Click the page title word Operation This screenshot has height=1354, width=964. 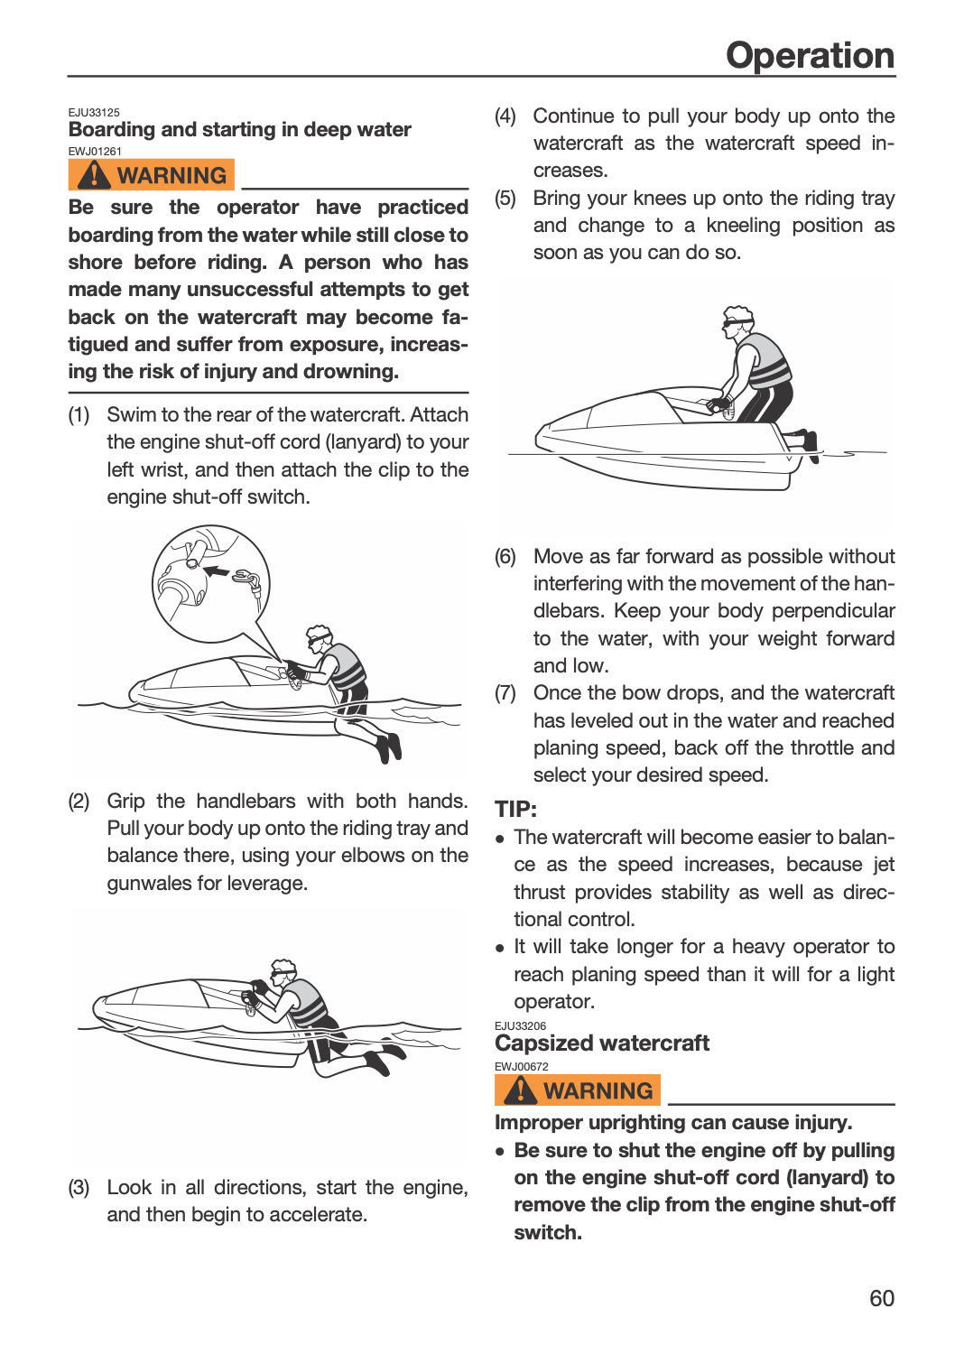tap(810, 56)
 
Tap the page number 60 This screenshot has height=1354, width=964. tap(882, 1298)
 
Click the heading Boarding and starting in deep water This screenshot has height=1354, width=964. tap(239, 129)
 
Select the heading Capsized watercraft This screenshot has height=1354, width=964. tap(602, 1043)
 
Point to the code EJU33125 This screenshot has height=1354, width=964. tap(94, 113)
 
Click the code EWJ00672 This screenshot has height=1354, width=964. tap(521, 1067)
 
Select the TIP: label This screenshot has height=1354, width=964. tap(515, 809)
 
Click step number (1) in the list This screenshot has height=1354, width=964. tap(79, 414)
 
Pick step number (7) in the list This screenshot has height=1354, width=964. tap(505, 692)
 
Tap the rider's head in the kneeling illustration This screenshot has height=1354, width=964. tap(738, 321)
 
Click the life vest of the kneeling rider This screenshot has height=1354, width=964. tap(765, 361)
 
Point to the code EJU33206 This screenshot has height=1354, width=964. tap(521, 1025)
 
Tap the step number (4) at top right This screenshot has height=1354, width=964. tap(505, 116)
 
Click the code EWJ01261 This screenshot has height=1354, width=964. tap(95, 151)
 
